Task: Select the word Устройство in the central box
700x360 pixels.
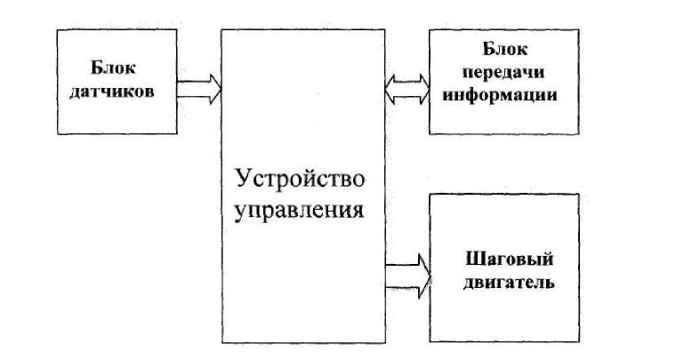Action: (x=302, y=180)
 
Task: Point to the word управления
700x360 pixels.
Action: (x=302, y=211)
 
